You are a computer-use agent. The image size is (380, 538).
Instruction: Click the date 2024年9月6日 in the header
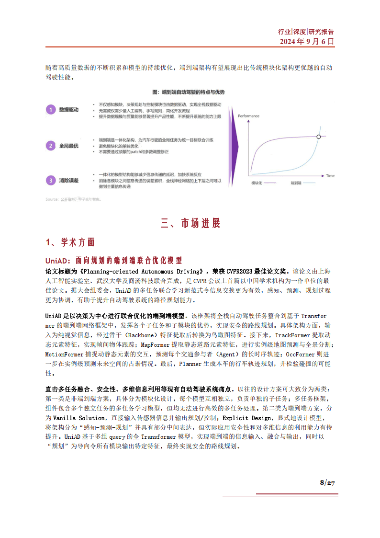307,42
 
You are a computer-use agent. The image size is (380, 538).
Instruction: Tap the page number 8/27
327,482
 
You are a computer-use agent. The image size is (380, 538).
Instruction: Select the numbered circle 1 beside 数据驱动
51,110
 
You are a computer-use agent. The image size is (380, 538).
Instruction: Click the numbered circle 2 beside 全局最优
51,145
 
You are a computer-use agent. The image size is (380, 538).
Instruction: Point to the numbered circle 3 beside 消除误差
51,181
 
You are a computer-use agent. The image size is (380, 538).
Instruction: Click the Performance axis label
248,116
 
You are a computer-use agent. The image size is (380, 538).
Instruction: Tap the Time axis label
330,176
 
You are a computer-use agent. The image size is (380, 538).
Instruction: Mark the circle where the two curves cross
319,137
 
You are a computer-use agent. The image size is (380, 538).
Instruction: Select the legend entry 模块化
258,183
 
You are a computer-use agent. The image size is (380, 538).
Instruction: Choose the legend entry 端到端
297,183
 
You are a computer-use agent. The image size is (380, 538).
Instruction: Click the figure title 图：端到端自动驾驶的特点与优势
188,92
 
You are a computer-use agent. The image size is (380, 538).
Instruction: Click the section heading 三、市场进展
190,223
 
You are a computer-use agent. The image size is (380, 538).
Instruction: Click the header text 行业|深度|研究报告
306,32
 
